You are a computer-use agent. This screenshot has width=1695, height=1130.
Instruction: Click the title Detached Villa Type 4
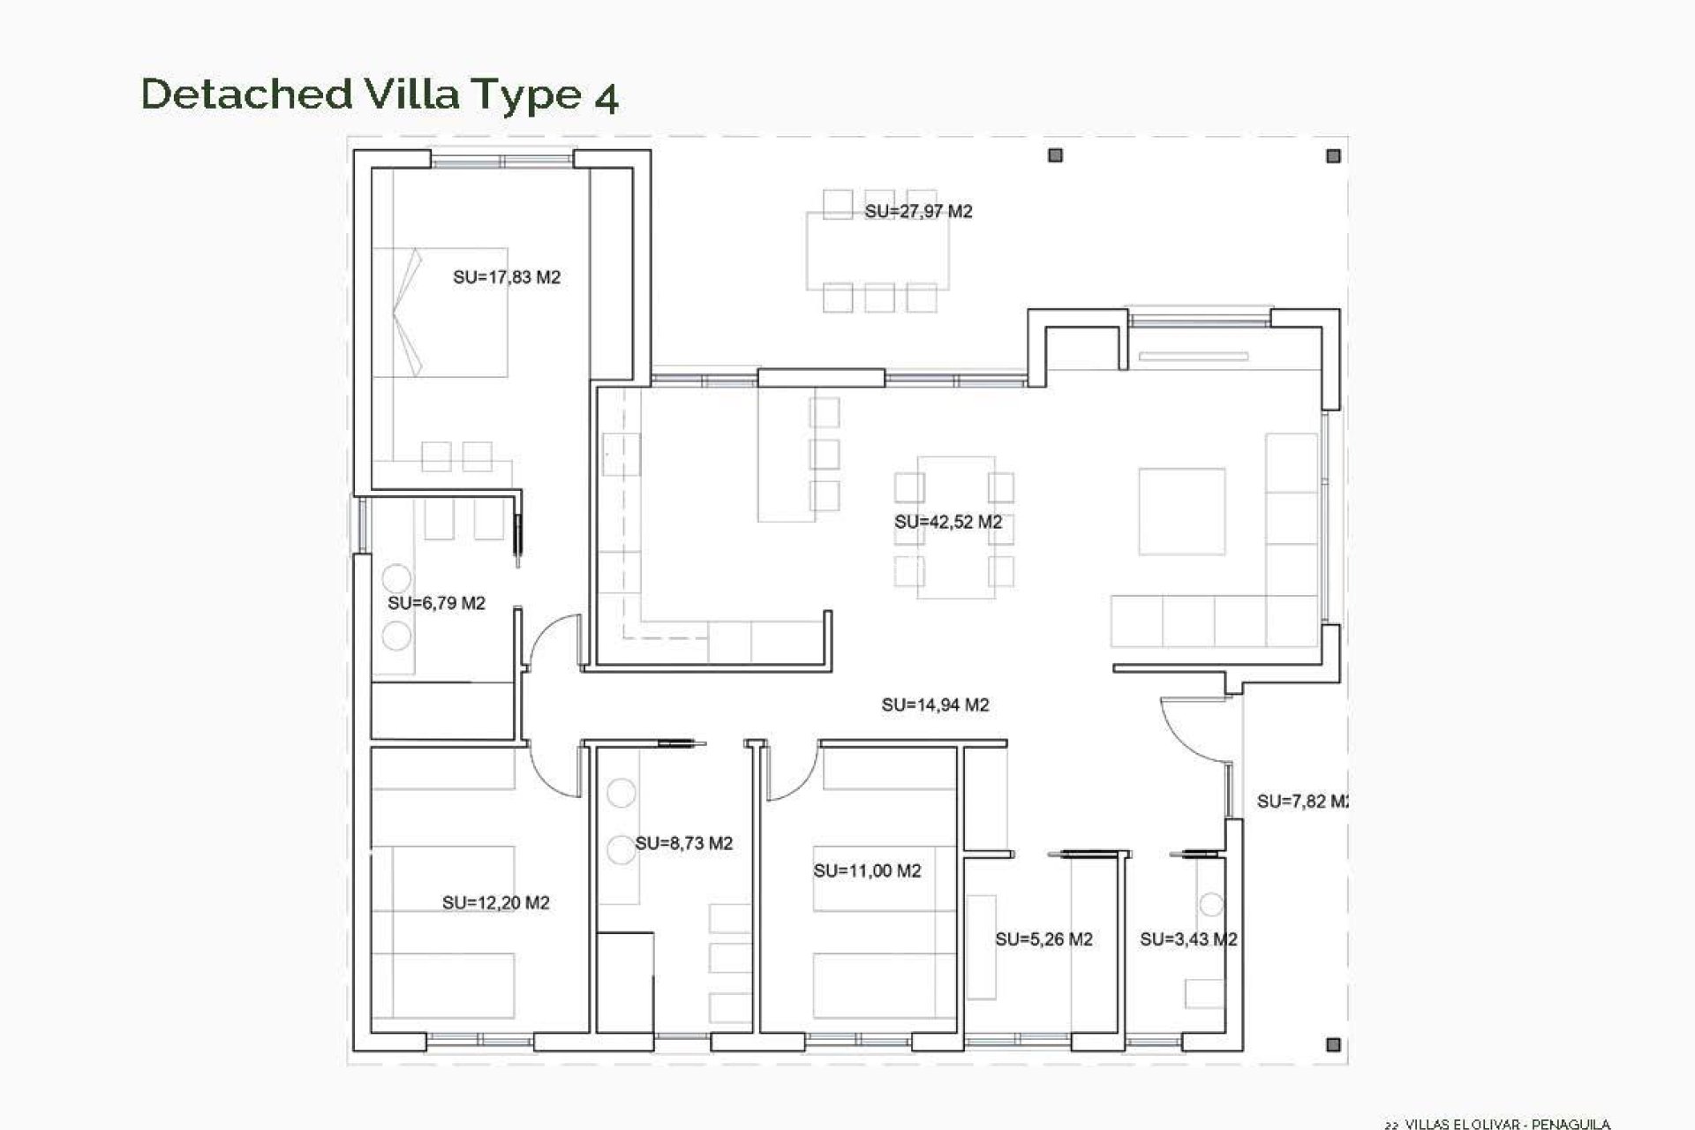[x=380, y=94]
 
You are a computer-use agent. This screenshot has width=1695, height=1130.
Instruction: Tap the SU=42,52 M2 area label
[x=948, y=522]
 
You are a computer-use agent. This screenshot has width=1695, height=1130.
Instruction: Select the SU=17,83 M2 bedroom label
[x=507, y=277]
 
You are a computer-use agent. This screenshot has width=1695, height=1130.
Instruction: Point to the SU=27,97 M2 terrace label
[x=918, y=211]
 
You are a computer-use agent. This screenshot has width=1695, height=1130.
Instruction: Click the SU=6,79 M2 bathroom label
[x=436, y=603]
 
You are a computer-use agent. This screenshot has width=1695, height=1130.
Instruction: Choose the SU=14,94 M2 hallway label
[x=935, y=704]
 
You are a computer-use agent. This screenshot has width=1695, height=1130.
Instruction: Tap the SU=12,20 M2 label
[x=495, y=902]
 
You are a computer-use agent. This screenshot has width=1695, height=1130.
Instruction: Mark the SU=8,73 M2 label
[x=684, y=843]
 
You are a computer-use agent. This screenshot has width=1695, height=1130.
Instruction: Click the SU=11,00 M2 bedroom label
[x=867, y=870]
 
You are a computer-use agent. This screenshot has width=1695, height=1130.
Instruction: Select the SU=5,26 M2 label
[x=1043, y=939]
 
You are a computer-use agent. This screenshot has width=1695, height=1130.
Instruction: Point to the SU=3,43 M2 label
[x=1187, y=939]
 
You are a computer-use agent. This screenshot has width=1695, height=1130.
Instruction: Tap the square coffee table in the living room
[x=1181, y=511]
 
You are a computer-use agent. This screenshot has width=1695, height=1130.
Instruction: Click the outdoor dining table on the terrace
[x=878, y=250]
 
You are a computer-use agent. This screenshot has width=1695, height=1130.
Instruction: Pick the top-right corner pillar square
[x=1333, y=156]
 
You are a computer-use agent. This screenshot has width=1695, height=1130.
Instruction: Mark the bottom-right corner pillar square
[x=1333, y=1044]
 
